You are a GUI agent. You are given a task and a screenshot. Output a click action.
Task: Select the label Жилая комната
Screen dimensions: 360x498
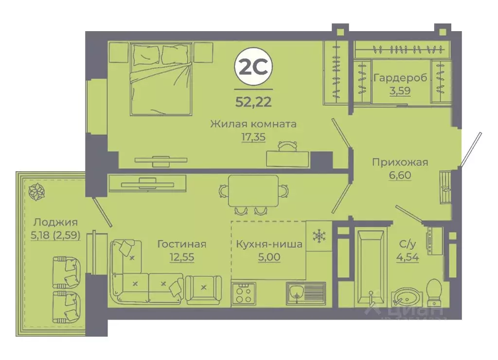[253, 124]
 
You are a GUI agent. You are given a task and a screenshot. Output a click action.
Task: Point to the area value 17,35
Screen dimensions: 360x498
[253, 137]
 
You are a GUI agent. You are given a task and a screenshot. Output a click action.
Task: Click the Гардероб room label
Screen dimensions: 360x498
[394, 78]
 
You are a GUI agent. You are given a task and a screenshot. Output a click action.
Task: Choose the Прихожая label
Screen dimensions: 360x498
[400, 162]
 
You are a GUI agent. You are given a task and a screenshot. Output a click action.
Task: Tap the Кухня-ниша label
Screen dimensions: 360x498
[268, 244]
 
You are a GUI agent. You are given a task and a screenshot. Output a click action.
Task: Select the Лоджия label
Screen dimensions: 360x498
[55, 223]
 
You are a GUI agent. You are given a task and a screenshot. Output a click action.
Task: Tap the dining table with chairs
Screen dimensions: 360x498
[253, 192]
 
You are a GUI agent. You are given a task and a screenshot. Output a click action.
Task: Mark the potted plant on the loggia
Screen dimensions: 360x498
[36, 191]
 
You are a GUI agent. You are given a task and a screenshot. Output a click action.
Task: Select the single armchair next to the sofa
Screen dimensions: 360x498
[203, 288]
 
